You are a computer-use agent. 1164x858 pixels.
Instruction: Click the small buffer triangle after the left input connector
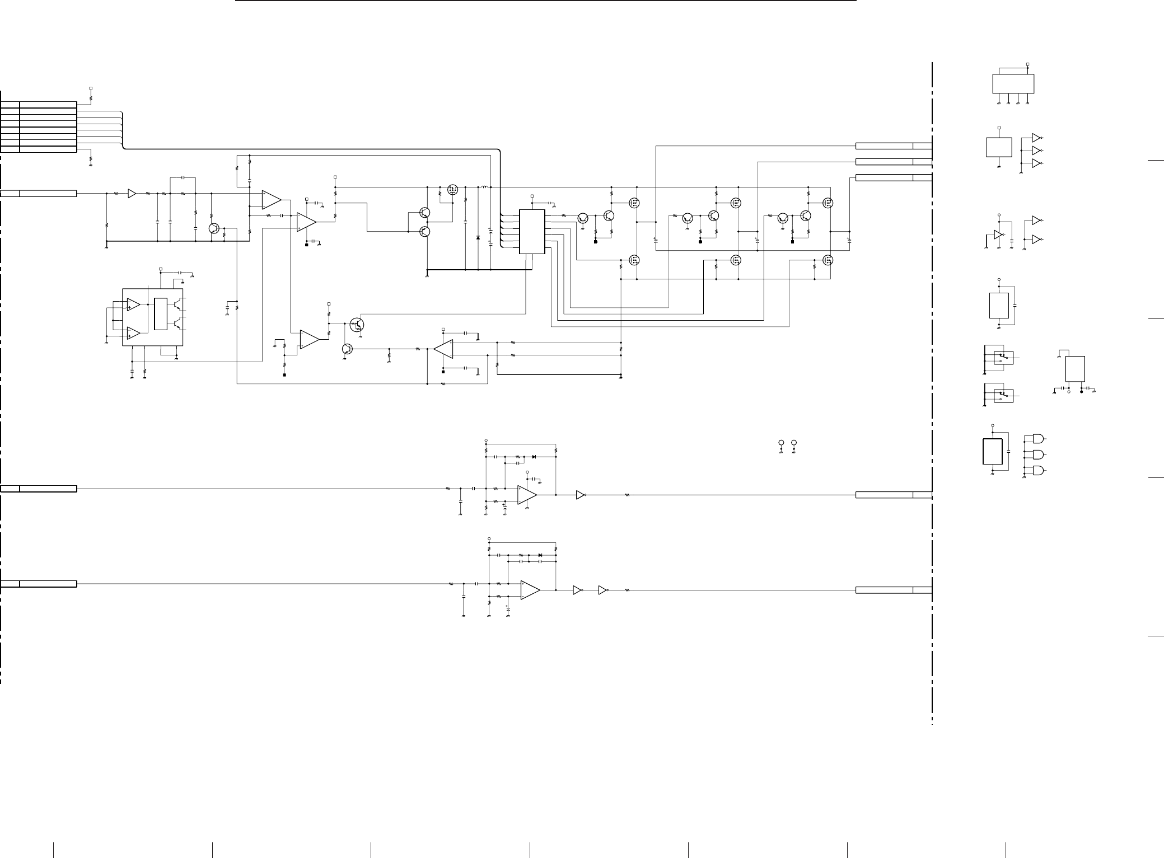click(132, 193)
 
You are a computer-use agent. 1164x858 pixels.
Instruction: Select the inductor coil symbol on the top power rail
click(484, 186)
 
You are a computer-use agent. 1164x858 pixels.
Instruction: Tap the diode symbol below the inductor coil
click(478, 238)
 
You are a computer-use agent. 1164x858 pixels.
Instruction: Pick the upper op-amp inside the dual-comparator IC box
click(133, 304)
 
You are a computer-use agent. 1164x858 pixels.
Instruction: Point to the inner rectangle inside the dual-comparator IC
click(160, 315)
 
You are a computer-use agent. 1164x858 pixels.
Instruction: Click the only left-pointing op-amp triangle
click(443, 349)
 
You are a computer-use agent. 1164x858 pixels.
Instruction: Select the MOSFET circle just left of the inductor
click(452, 190)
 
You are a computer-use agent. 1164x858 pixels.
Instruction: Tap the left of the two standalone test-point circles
click(781, 443)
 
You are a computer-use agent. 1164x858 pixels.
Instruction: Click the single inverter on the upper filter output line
click(581, 495)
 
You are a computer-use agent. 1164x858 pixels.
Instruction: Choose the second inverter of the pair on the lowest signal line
click(602, 590)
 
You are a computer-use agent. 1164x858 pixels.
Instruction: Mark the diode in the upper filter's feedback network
click(534, 457)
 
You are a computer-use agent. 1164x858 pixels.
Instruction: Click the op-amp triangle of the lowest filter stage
click(530, 590)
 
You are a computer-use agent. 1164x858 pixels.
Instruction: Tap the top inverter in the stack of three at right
click(1036, 138)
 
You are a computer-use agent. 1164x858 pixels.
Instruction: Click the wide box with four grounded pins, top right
click(1013, 84)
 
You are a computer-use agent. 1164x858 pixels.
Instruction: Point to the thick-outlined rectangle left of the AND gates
click(992, 452)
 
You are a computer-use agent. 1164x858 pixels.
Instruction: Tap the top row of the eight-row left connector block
click(39, 105)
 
